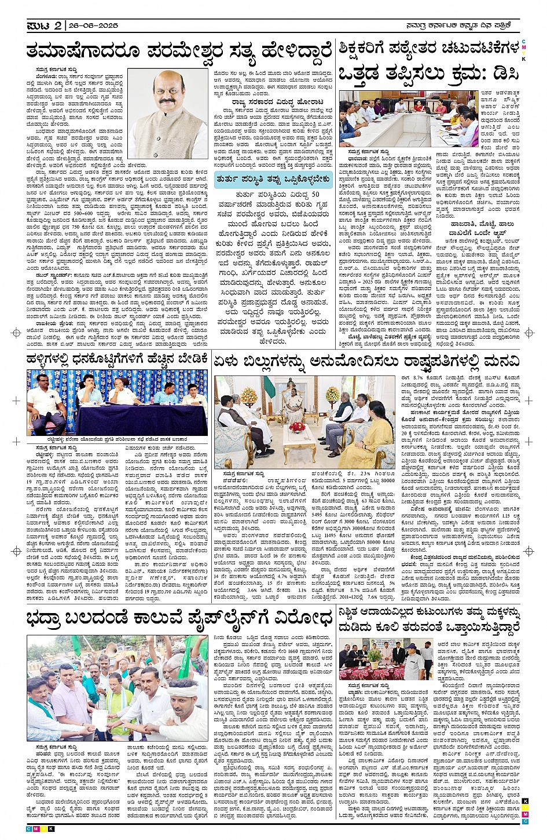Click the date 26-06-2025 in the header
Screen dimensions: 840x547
pos(93,25)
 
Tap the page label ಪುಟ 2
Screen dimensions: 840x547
pos(44,25)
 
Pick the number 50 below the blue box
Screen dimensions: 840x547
pos(315,194)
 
